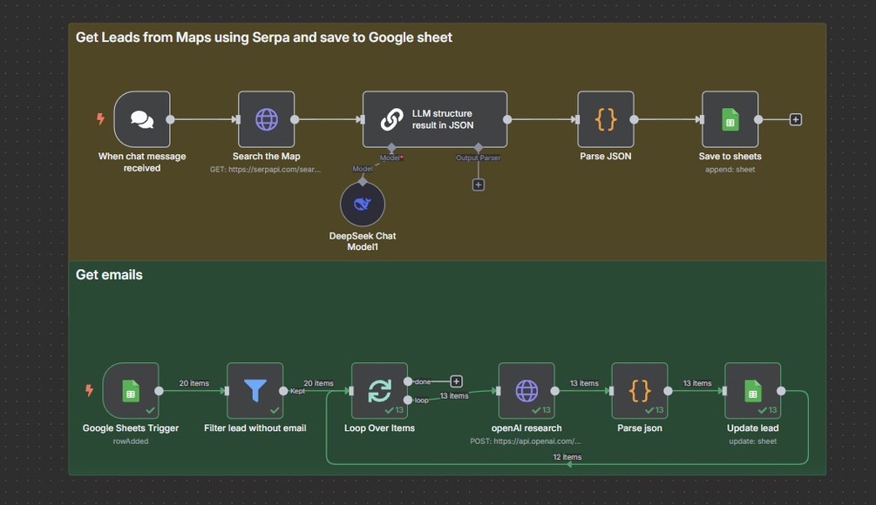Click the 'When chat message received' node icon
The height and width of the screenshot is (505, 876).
coord(141,119)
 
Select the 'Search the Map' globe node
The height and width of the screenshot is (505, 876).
coord(266,119)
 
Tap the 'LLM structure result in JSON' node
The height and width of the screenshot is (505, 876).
coord(434,119)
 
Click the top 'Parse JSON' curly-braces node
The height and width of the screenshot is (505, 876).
coord(605,119)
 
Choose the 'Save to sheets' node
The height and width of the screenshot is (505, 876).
coord(730,119)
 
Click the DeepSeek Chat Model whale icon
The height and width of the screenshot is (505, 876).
coord(362,205)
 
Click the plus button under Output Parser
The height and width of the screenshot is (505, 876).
coord(478,185)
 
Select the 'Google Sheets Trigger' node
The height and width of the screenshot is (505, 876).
coord(130,391)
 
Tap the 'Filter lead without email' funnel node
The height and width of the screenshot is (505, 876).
coord(255,391)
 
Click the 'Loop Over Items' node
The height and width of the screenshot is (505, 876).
coord(379,391)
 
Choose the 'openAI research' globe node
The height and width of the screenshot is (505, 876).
coord(526,391)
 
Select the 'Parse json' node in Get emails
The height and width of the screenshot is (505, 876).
coord(640,391)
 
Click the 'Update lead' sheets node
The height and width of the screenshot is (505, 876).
coord(752,391)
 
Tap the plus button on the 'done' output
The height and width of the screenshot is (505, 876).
coord(456,381)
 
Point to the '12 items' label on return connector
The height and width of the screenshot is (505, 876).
coord(567,457)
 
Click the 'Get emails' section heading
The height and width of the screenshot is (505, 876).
coord(109,275)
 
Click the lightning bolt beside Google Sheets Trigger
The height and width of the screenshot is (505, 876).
coord(89,391)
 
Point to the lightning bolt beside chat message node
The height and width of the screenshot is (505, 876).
coord(101,119)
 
